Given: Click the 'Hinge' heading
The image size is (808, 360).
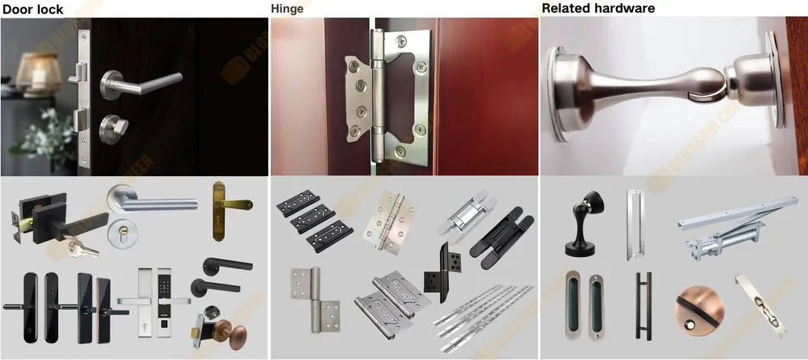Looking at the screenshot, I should click(287, 9).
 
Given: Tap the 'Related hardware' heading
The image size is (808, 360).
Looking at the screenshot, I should click(598, 8).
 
